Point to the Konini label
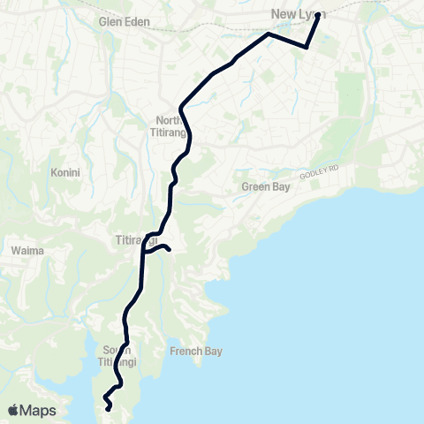(65, 173)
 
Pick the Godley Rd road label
(319, 172)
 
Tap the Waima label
(23, 250)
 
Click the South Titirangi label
(117, 356)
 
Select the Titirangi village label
(136, 239)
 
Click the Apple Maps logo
(32, 410)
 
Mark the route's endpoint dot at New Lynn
(317, 15)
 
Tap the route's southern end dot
(108, 408)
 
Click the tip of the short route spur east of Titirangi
(168, 250)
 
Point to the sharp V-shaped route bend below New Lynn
(306, 47)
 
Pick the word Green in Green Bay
(254, 187)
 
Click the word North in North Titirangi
(168, 120)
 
